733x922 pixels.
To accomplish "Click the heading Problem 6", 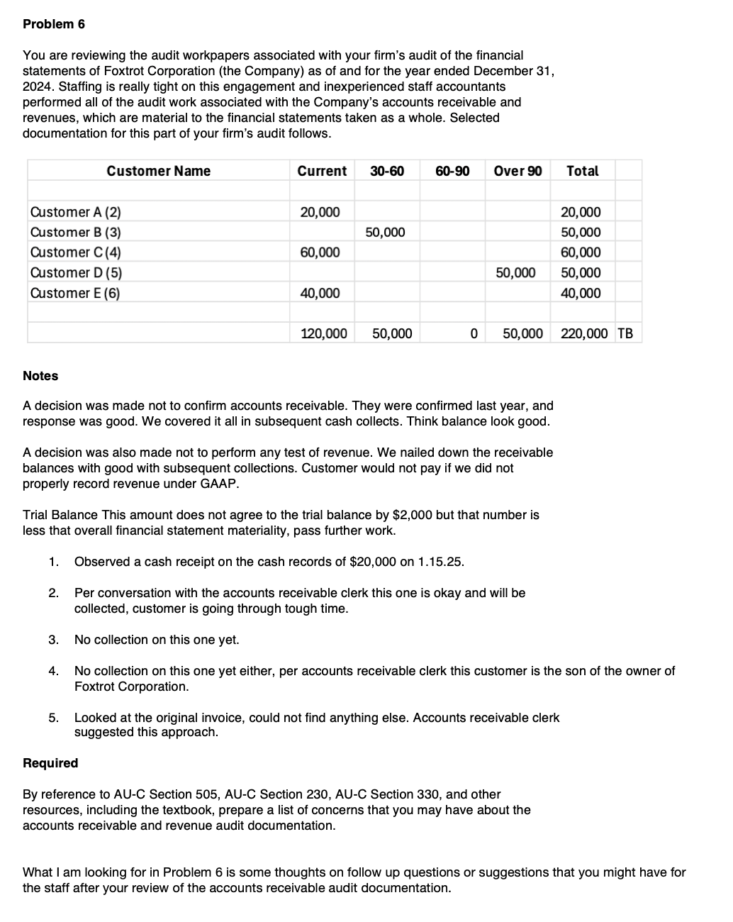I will pos(54,24).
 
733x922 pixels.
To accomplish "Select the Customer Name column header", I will pos(158,171).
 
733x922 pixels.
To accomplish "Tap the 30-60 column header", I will pos(387,171).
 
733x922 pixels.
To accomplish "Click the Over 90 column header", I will pos(517,171).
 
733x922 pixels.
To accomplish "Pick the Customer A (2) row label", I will pos(75,212).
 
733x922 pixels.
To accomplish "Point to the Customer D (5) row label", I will pos(75,273).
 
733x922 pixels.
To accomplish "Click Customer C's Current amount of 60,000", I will pos(320,252).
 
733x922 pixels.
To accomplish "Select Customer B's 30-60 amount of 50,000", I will pos(385,233).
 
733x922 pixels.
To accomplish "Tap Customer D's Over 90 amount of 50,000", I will pos(515,273).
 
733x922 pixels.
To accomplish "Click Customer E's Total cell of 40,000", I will pos(581,294).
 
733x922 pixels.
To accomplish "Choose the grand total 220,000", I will pos(584,333).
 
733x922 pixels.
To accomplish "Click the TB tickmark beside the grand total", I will pos(625,333).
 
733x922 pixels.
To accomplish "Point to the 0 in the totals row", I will pos(474,333).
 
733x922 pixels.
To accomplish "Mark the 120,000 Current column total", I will pos(324,333).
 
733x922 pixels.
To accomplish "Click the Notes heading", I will pos(40,376).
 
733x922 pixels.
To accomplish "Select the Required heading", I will pos(50,763).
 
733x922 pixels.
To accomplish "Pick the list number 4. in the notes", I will pos(53,671).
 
